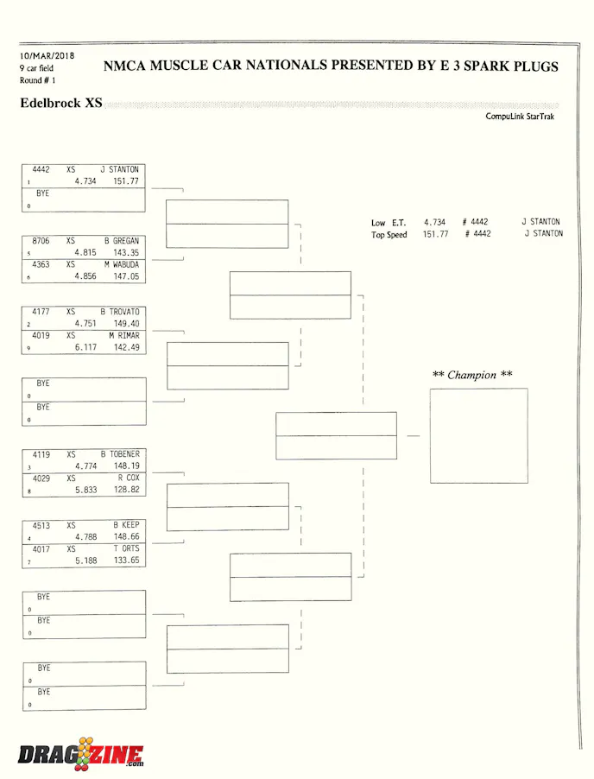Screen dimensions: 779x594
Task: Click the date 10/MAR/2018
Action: click(x=47, y=56)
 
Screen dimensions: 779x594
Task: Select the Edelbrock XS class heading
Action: click(x=60, y=104)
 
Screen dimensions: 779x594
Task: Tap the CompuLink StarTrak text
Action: click(x=520, y=116)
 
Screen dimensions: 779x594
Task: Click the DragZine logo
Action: click(x=81, y=754)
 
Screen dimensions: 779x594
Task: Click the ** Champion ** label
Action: click(x=471, y=375)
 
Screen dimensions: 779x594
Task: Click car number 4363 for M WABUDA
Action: click(x=41, y=265)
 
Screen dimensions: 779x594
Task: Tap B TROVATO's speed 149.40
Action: click(x=126, y=324)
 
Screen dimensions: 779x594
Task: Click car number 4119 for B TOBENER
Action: click(x=41, y=454)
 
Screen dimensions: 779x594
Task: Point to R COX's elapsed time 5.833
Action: click(x=85, y=490)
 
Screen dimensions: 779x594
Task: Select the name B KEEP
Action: click(x=126, y=525)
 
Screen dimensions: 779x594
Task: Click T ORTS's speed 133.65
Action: click(x=126, y=560)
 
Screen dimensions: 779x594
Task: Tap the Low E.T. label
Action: click(x=389, y=223)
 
